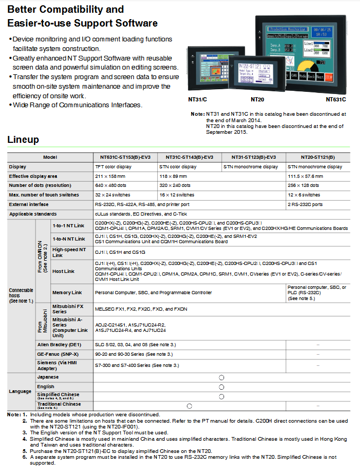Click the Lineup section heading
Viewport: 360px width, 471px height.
(23, 140)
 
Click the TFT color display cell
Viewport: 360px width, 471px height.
(113, 167)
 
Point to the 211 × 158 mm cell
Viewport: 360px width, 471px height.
(110, 176)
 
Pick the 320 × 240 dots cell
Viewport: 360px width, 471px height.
(174, 185)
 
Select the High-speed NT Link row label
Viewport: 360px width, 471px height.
(68, 252)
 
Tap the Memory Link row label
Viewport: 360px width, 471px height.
(67, 293)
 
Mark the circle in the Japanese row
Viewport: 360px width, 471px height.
(221, 377)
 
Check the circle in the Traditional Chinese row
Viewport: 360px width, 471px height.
(189, 406)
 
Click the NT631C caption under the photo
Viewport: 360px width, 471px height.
(336, 99)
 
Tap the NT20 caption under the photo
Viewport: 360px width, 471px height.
(258, 99)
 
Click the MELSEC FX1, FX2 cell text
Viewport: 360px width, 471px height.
(141, 309)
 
